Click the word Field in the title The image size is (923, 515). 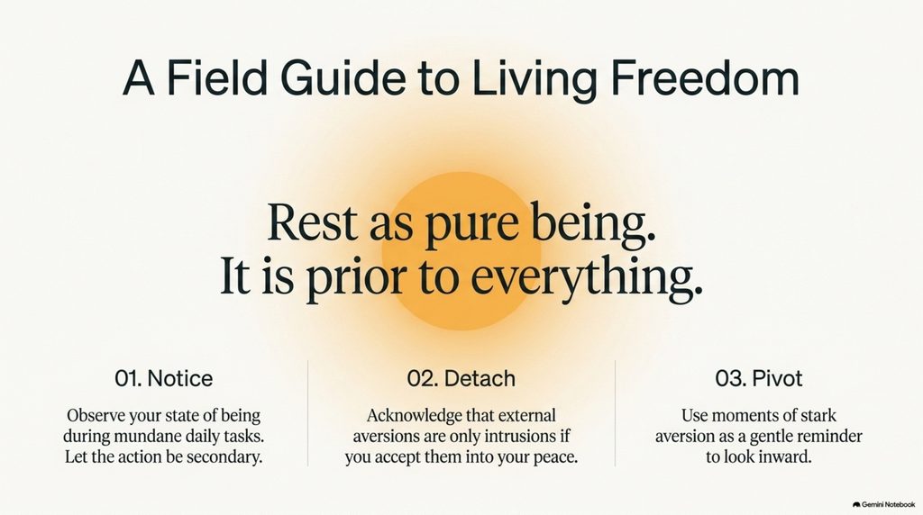click(x=217, y=77)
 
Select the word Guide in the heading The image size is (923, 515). click(x=343, y=77)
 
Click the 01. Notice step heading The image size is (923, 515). click(x=164, y=378)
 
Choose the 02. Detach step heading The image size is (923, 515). click(x=461, y=378)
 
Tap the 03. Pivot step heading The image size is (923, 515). click(x=759, y=378)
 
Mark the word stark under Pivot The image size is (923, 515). click(x=818, y=416)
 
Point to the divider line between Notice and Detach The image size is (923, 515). click(x=308, y=413)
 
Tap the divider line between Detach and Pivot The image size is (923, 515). click(x=615, y=413)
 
